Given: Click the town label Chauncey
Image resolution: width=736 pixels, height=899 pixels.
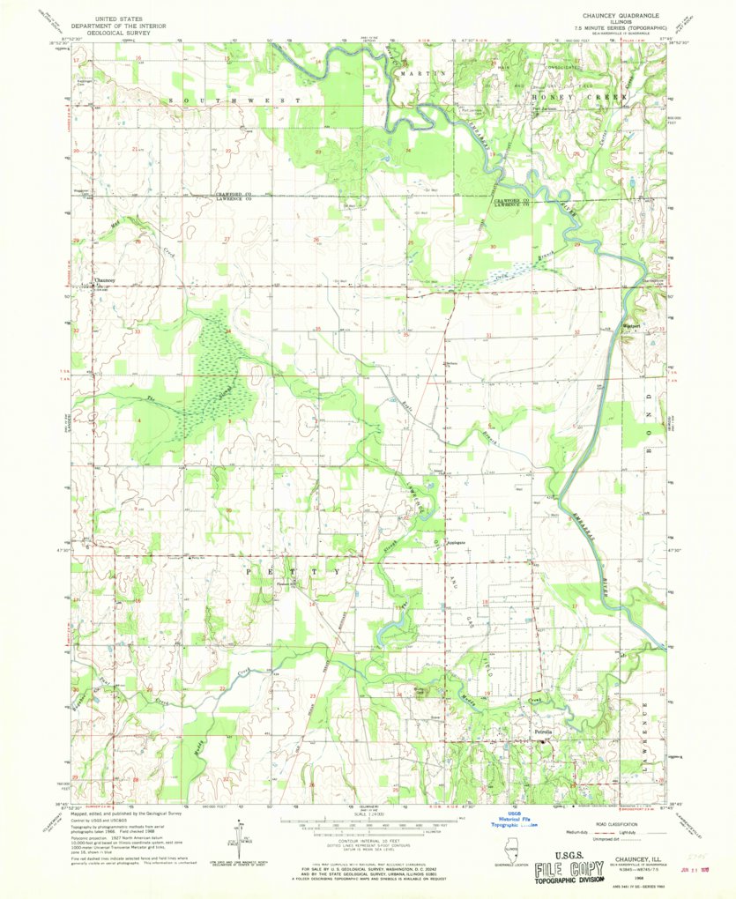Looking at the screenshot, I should click(x=105, y=281).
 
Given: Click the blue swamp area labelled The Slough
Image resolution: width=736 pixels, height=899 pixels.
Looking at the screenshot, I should click(x=212, y=379).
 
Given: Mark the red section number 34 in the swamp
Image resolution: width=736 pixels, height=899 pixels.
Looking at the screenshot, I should click(x=228, y=331).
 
